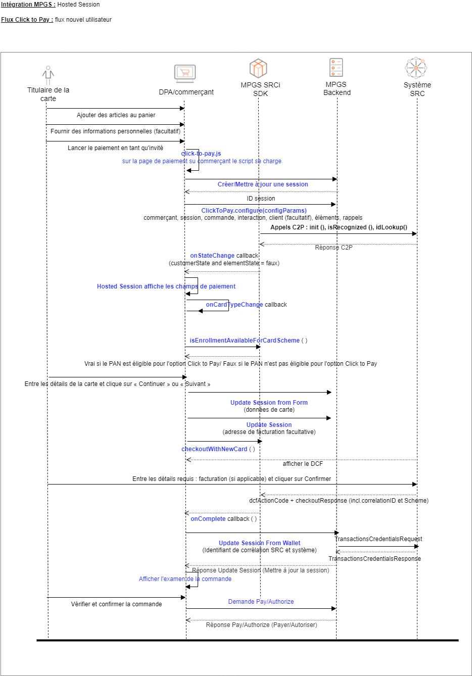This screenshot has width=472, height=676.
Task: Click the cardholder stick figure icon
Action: [x=48, y=75]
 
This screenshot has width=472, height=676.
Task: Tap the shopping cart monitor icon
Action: [x=184, y=73]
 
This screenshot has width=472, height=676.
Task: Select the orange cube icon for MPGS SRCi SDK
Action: [x=258, y=68]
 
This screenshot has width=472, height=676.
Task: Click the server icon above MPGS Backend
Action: [x=336, y=67]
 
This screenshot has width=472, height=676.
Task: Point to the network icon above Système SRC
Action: [x=416, y=68]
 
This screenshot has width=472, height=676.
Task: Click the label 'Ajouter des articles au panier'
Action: [x=116, y=115]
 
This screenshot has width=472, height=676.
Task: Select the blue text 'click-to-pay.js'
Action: [x=201, y=154]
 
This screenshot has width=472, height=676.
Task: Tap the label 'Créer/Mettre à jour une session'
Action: [x=263, y=184]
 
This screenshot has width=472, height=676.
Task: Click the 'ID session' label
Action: [x=261, y=199]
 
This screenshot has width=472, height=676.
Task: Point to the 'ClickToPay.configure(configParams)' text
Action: [x=254, y=211]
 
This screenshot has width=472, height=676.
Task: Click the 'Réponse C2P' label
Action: [x=334, y=248]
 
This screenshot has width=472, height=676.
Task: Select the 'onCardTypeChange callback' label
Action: [x=246, y=305]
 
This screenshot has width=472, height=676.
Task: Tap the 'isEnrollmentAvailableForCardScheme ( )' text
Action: [x=248, y=341]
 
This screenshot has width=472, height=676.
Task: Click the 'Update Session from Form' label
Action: [x=269, y=403]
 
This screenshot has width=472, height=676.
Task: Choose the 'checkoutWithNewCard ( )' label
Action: [x=218, y=449]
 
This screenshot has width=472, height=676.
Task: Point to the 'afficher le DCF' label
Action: [x=303, y=464]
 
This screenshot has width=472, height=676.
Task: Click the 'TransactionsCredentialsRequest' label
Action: [x=379, y=539]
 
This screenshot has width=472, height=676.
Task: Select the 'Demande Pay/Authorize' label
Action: [x=261, y=602]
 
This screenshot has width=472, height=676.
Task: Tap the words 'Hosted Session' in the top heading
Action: [x=78, y=5]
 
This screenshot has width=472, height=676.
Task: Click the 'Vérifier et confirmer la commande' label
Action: [x=116, y=604]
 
